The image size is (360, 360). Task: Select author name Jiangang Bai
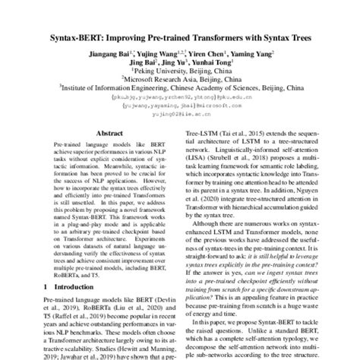tap(112, 55)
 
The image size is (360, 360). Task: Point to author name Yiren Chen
tap(207, 55)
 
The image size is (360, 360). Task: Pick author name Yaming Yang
tap(253, 55)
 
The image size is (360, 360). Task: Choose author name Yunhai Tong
tap(225, 65)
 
